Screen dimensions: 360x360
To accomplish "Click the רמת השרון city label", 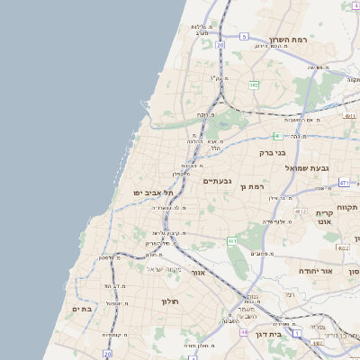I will point(288,40).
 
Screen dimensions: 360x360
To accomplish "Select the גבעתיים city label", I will point(217,181).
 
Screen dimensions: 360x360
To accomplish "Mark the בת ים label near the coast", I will point(83,309).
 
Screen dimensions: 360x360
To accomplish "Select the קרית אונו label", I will point(325,216).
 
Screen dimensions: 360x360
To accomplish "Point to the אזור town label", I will point(200,272).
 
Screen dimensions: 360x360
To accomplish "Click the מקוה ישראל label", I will point(163,269).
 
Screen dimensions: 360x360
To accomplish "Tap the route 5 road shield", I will point(243,37).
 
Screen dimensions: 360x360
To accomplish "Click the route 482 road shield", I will point(254,85).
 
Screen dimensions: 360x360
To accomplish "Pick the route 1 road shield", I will point(296,333).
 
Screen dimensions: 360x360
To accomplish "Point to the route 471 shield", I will point(343,183).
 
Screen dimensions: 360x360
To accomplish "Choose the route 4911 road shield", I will point(349,115).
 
